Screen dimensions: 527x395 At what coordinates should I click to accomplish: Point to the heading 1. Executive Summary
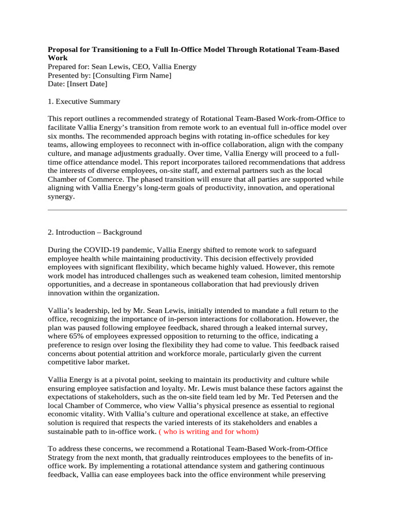coord(84,101)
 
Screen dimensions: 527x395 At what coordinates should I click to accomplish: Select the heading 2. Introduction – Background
coord(95,232)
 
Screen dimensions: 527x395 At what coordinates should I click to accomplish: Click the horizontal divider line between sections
coord(197,210)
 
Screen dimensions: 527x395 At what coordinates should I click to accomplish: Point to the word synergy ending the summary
coord(60,197)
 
